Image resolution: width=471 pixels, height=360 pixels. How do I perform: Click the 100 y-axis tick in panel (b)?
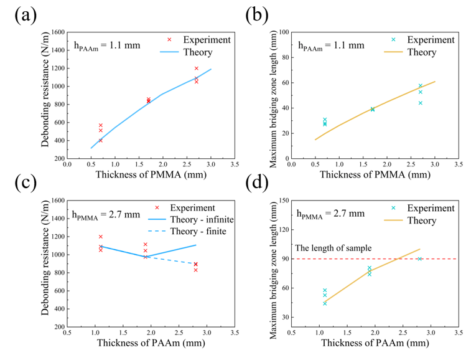(x=281, y=32)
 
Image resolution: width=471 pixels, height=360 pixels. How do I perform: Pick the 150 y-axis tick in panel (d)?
(x=281, y=201)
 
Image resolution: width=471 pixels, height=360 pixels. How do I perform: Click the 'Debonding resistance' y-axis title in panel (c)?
(x=45, y=263)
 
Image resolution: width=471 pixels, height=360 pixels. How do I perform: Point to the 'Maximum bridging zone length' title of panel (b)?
(x=272, y=95)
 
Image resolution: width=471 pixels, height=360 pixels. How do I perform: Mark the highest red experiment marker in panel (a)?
(x=196, y=69)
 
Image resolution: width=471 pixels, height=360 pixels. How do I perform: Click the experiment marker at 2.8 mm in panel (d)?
(x=419, y=259)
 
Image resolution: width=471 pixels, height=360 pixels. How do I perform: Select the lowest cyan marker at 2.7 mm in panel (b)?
(x=420, y=103)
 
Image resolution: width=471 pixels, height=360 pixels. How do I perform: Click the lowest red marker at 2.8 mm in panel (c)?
(x=195, y=270)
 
